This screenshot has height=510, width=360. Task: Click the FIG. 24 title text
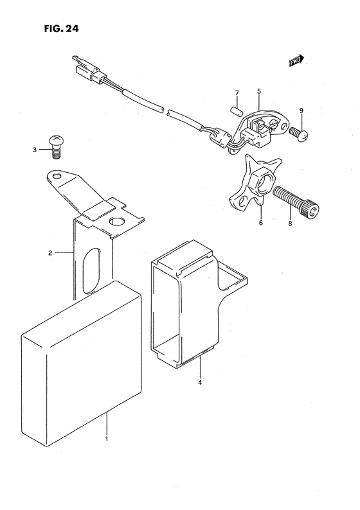62,29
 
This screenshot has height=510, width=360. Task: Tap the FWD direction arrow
296,61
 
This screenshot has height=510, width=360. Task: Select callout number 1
107,439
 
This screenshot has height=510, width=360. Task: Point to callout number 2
50,252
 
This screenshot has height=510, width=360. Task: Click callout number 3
35,150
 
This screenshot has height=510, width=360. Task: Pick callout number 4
200,383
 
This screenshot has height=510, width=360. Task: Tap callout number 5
259,91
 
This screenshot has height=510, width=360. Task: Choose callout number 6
261,223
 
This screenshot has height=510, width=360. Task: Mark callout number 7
237,93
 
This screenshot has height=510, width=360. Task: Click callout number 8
290,224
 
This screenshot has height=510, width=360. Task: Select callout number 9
301,110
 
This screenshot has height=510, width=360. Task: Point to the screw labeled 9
298,135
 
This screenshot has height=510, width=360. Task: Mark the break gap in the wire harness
165,110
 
